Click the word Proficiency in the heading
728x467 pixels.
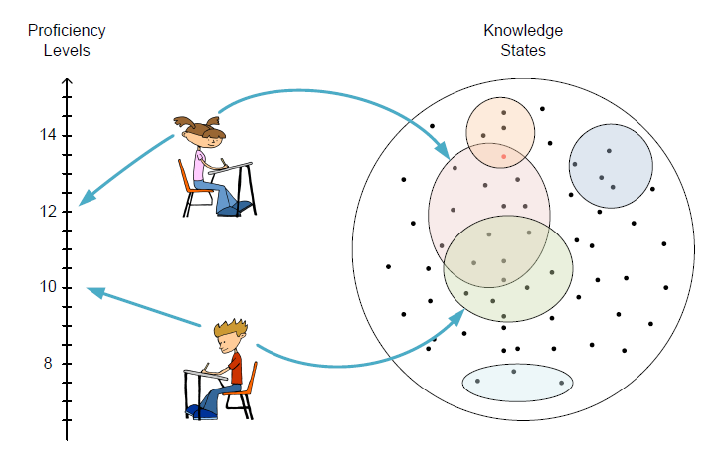pos(67,30)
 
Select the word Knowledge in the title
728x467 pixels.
pos(522,30)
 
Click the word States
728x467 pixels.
pos(522,50)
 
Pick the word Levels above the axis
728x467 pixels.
pos(67,50)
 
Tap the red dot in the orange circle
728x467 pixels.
pos(504,156)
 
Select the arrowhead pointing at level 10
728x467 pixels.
pos(94,290)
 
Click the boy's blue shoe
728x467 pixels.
pos(195,410)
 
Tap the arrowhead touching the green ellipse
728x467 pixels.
pos(458,316)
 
